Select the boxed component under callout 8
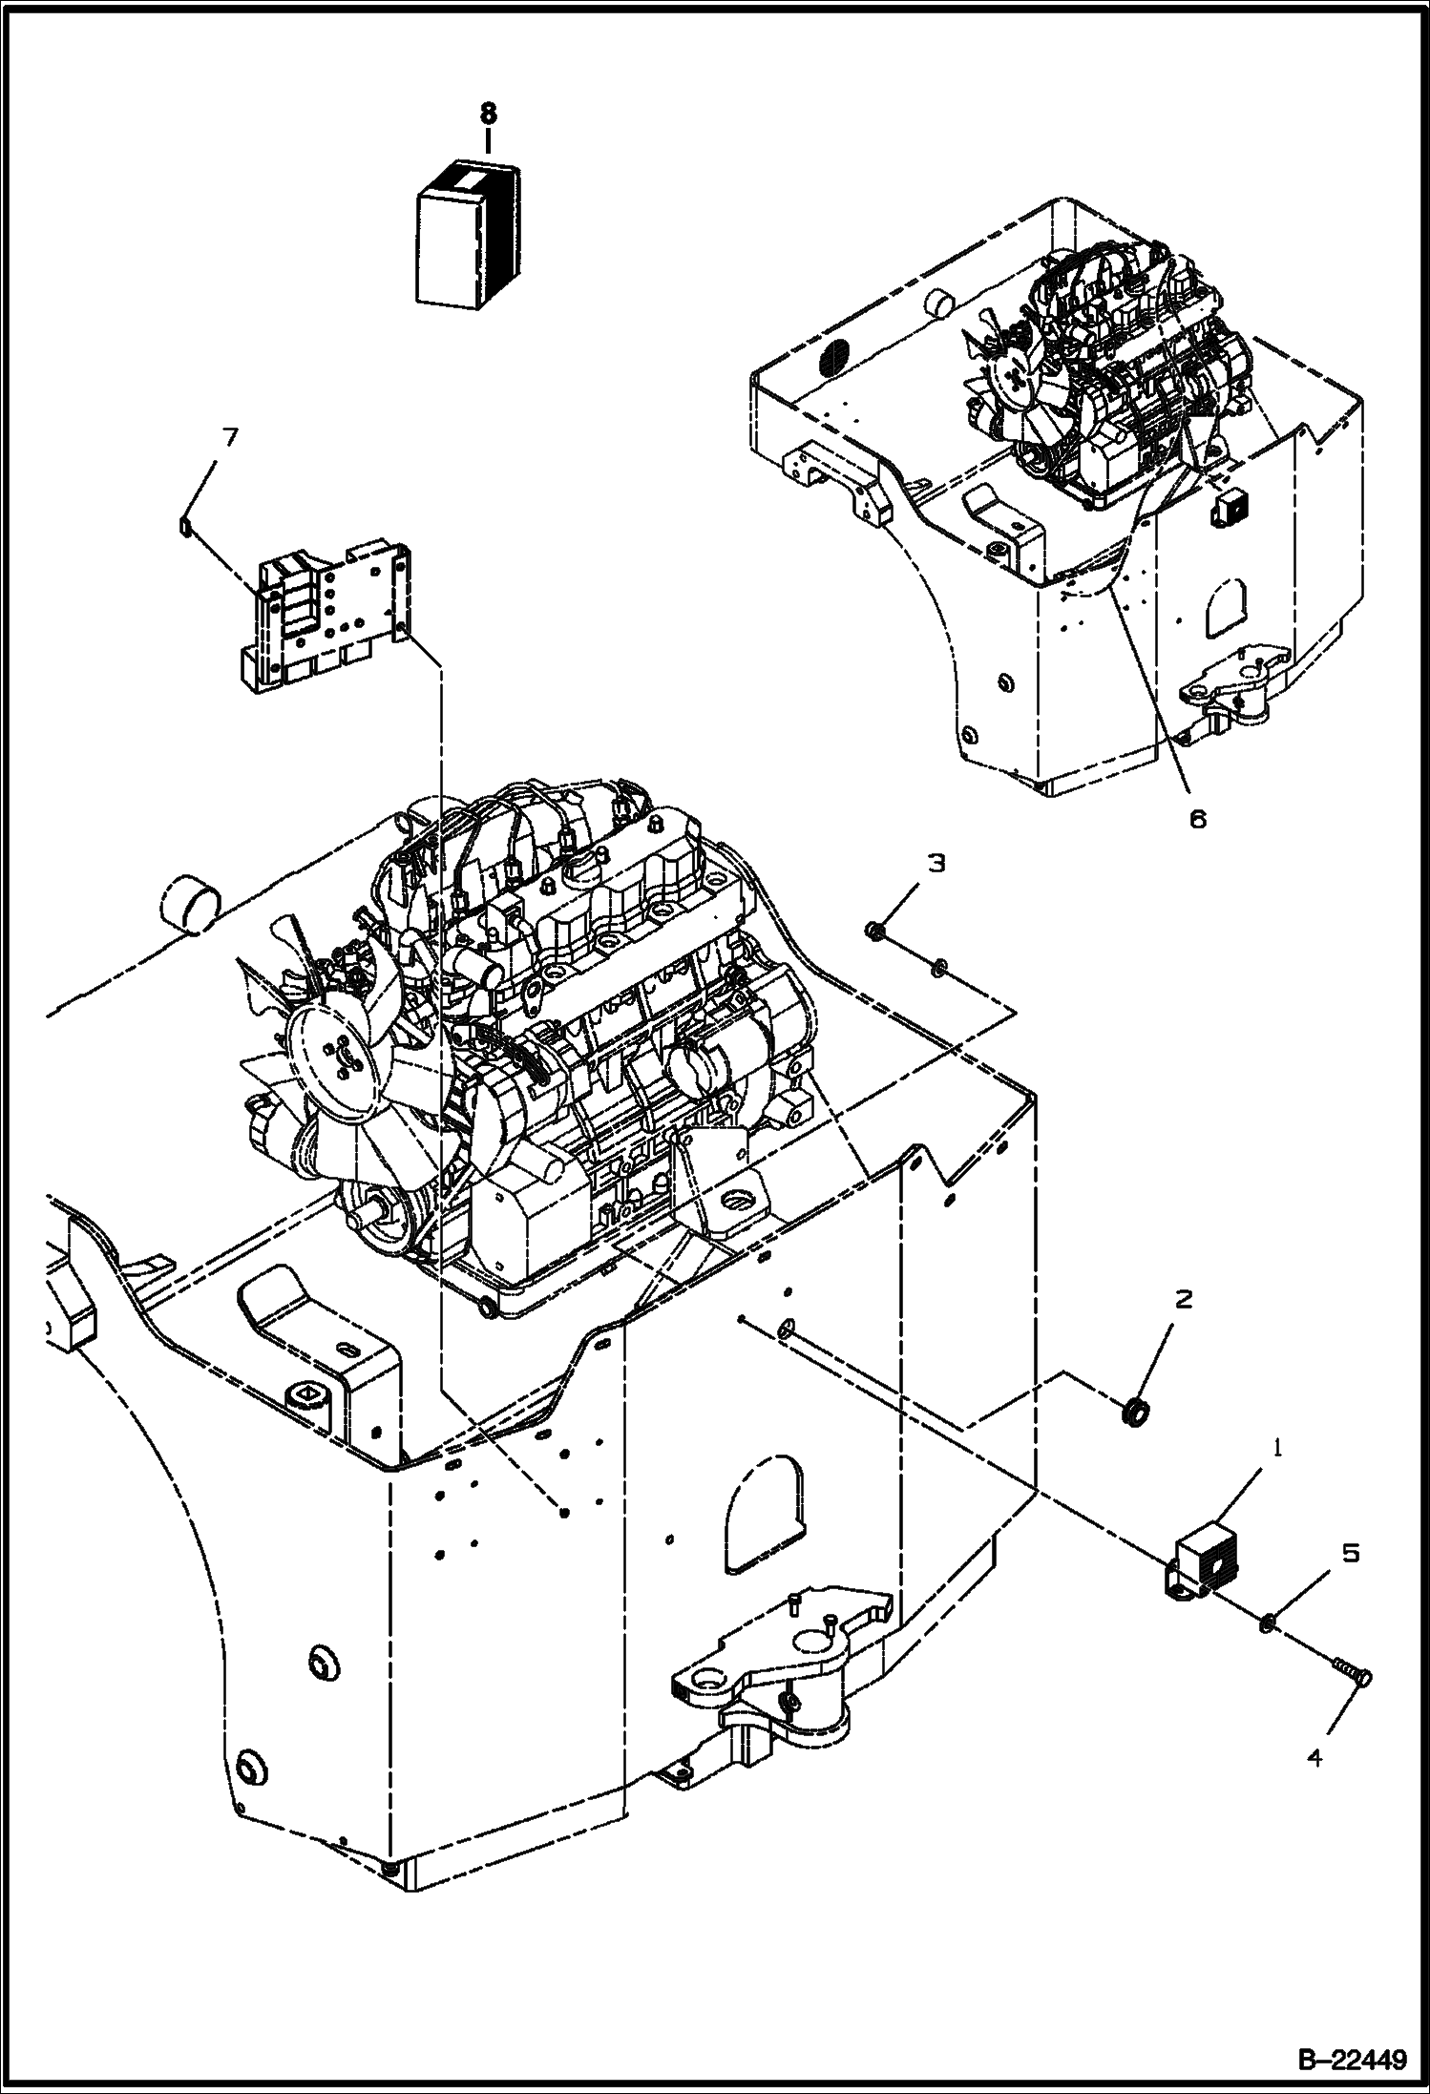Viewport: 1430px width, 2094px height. [468, 234]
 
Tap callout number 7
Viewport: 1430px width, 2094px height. [229, 439]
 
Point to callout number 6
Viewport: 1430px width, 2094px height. [1197, 818]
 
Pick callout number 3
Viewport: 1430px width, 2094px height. [936, 863]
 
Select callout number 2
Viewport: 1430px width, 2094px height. [1184, 1299]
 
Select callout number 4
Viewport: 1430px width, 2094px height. [1315, 1757]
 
